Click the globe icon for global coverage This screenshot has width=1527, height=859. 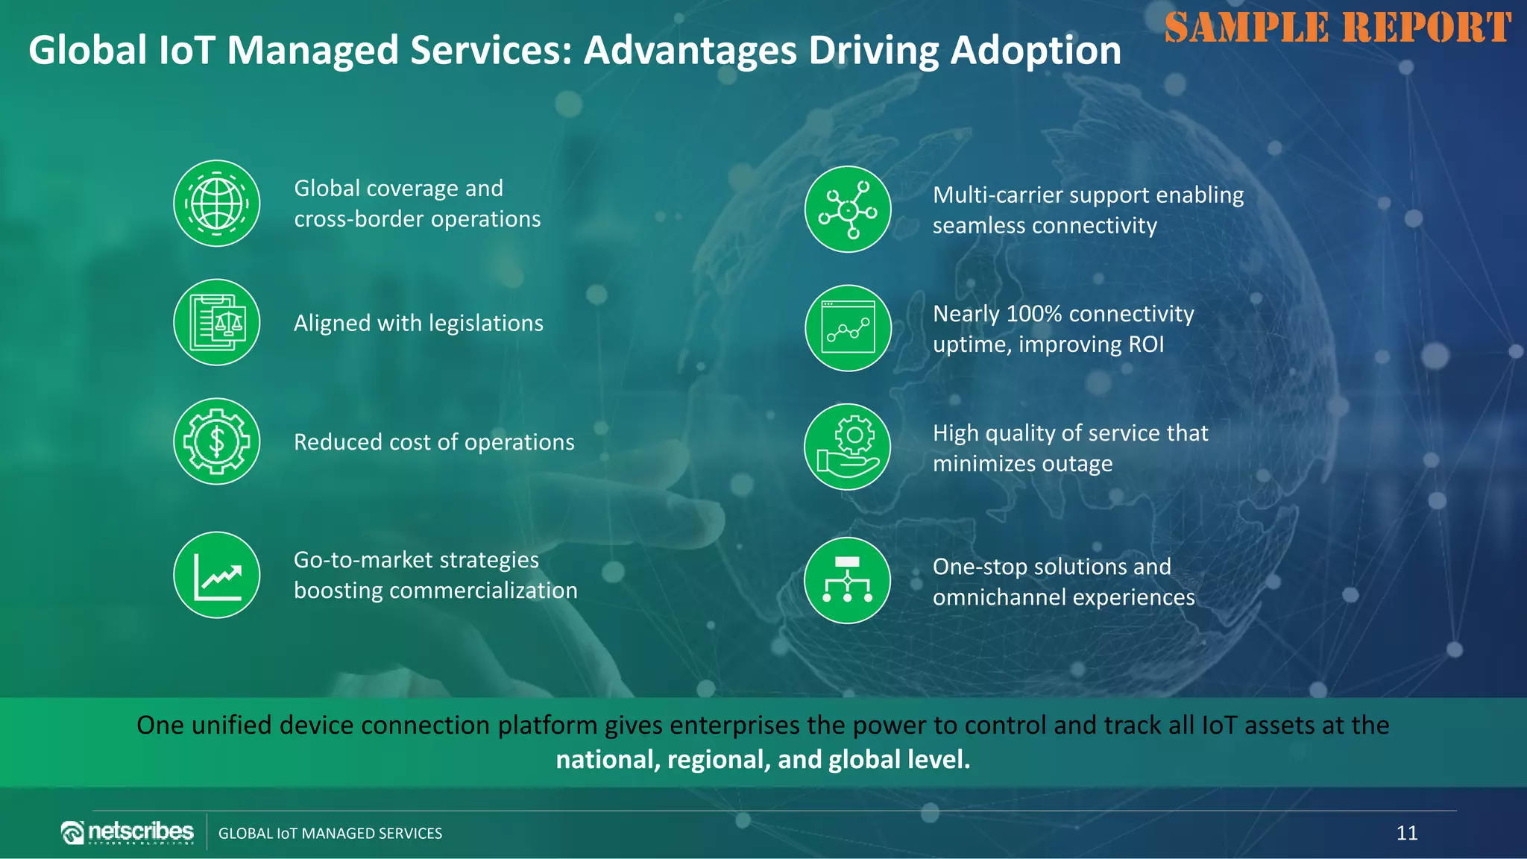[x=217, y=203]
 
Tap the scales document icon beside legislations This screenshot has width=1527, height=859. [x=217, y=322]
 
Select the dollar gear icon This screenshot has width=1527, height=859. [x=217, y=441]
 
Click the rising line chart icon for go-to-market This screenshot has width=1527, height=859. [x=217, y=575]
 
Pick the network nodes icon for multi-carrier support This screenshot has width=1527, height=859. [x=848, y=210]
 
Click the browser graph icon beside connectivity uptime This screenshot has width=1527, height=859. [x=848, y=328]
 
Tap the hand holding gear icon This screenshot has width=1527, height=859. [x=848, y=447]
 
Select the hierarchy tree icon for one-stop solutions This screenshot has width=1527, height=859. [x=848, y=580]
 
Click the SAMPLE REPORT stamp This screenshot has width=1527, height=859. [x=1338, y=28]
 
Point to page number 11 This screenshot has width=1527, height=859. [x=1406, y=833]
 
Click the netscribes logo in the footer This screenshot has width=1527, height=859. [x=127, y=832]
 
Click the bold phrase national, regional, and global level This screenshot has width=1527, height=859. [x=763, y=759]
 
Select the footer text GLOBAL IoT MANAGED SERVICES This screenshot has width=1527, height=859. [x=330, y=834]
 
